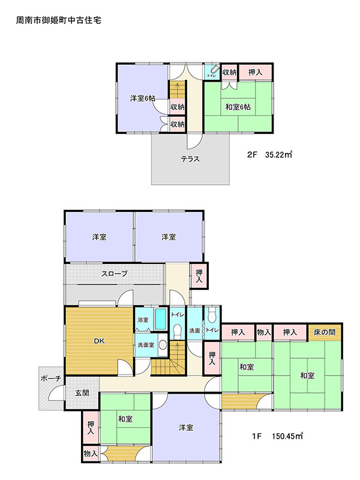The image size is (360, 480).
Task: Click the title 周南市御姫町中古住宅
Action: point(58,20)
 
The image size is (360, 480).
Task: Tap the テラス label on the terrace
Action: point(190,159)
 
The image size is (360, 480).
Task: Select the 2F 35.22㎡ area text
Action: point(269,154)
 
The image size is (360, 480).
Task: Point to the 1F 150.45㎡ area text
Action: point(277,436)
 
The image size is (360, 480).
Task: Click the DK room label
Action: point(99,341)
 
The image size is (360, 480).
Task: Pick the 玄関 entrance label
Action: point(82,393)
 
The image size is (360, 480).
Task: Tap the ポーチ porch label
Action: point(51,379)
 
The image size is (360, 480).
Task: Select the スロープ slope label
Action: point(115,274)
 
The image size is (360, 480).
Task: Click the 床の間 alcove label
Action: point(325,332)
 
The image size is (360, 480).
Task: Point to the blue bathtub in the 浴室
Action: point(160,319)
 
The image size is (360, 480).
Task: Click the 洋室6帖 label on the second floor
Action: point(143,98)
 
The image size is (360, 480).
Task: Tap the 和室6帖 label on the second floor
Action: point(238,107)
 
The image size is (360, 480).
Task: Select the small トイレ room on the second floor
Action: point(212,72)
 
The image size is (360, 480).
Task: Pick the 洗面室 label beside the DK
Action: point(146,345)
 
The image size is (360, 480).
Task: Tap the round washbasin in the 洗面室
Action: point(163,345)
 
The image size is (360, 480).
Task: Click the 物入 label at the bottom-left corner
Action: point(91,454)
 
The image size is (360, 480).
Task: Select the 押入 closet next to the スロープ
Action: point(199,276)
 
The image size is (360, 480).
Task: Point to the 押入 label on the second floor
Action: point(255,72)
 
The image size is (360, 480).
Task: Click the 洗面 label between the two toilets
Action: point(194,331)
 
